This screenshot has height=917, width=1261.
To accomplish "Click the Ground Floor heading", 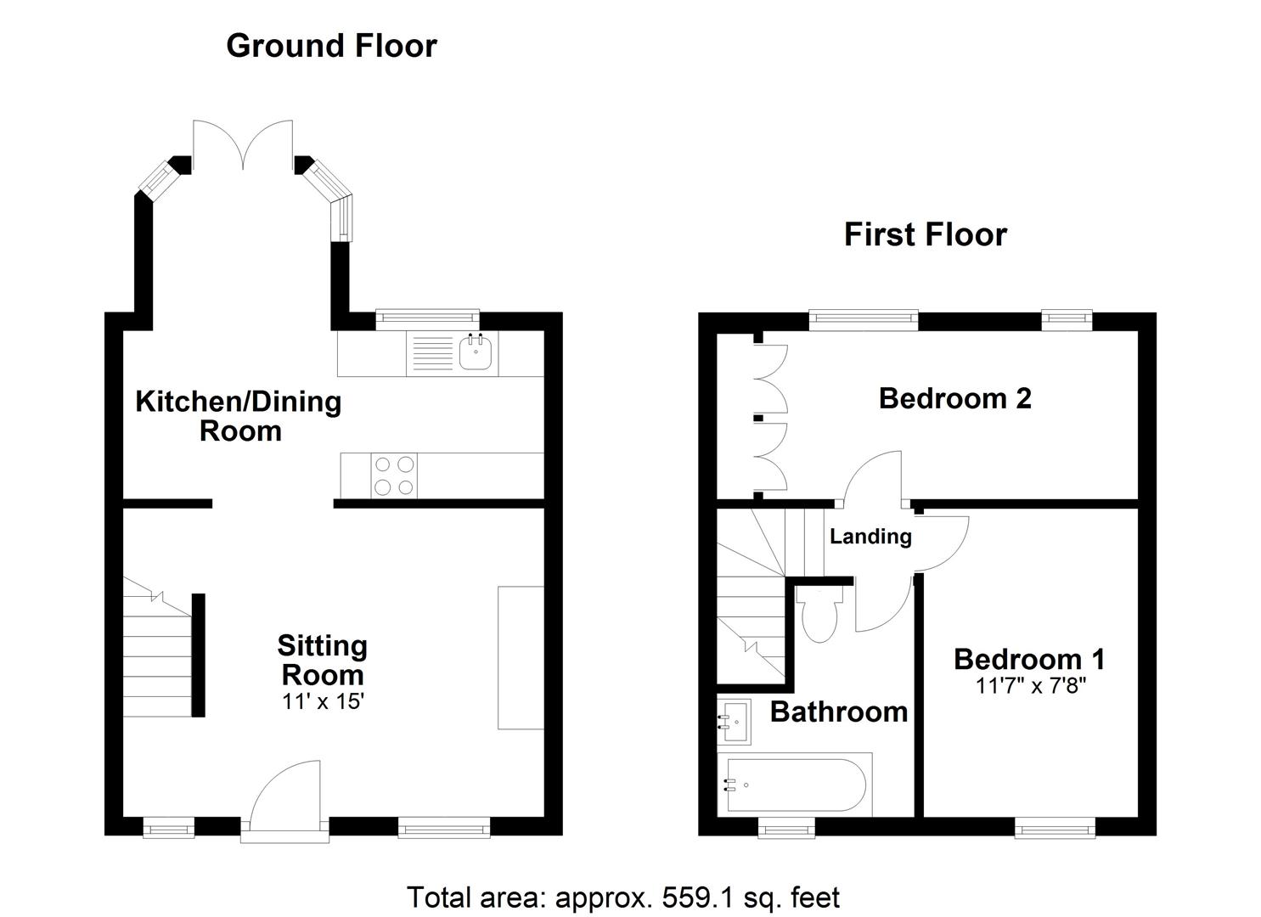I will [331, 46].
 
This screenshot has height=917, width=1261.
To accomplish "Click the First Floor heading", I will [925, 234].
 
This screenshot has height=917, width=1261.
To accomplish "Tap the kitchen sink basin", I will [477, 352].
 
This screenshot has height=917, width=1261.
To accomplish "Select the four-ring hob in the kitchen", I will [395, 475].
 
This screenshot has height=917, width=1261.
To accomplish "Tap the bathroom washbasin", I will [734, 721].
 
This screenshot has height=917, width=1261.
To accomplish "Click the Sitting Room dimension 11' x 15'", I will [323, 702].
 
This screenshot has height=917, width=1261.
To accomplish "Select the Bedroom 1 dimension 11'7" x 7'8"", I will [1030, 685].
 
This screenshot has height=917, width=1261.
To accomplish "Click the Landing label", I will [870, 537].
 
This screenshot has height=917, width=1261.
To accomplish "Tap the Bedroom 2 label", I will [954, 398].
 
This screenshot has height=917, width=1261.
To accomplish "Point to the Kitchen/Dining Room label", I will [239, 415].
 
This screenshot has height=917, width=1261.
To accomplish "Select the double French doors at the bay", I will [243, 144].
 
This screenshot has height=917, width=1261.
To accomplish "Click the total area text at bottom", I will [623, 897].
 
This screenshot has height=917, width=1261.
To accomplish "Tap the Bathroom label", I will [838, 712].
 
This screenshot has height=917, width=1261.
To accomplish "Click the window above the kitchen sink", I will [427, 319].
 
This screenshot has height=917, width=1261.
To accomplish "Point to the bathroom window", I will [785, 829].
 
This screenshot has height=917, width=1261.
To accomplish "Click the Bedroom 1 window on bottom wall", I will [1055, 829].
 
